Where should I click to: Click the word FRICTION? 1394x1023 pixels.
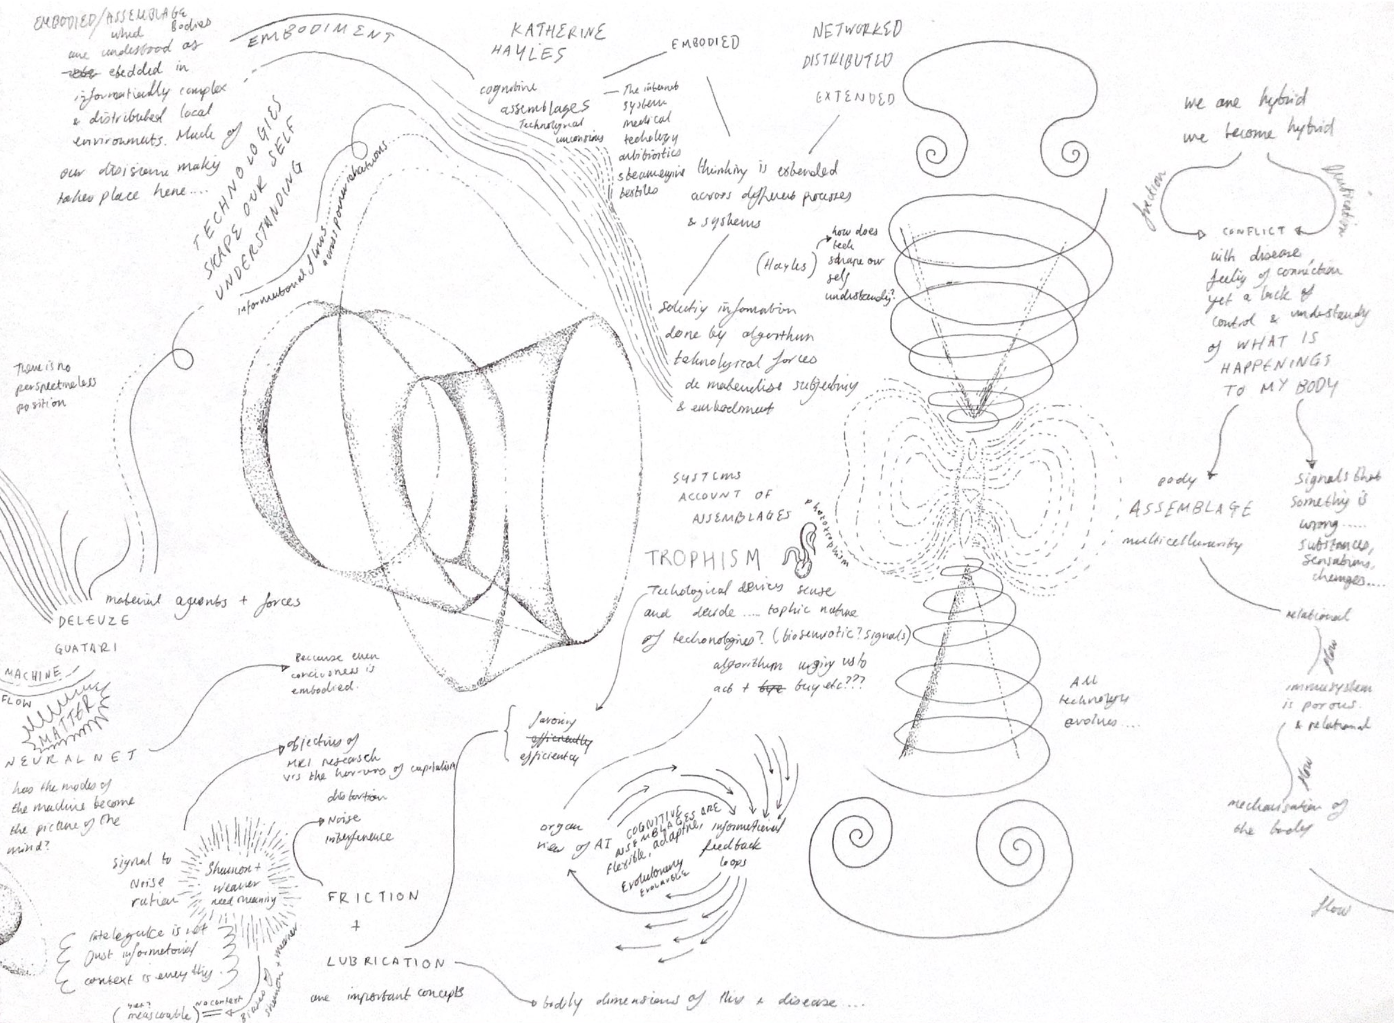(373, 897)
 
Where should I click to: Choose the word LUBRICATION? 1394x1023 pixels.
(386, 962)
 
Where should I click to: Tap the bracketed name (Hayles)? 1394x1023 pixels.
(782, 266)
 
